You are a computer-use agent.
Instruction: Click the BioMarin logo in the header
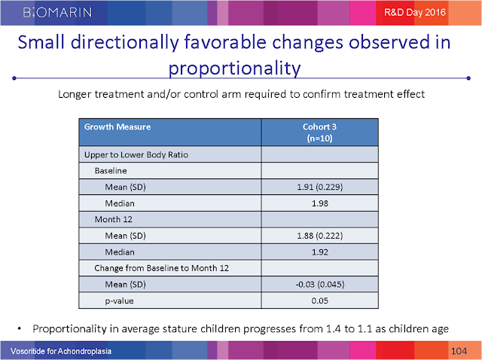[x=57, y=12]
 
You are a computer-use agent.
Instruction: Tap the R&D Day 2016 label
[x=415, y=12]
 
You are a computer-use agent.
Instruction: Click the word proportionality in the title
[x=234, y=69]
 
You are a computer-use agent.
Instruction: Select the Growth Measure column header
[x=117, y=127]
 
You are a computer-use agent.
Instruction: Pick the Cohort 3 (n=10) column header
[x=319, y=133]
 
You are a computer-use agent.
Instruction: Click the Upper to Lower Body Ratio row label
[x=136, y=154]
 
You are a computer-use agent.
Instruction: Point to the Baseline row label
[x=111, y=171]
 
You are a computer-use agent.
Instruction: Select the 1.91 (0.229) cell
[x=319, y=187]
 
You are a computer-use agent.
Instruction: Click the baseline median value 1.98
[x=319, y=203]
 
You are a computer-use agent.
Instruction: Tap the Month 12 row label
[x=114, y=219]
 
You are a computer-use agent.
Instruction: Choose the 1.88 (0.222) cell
[x=319, y=236]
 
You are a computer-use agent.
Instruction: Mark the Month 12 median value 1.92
[x=319, y=252]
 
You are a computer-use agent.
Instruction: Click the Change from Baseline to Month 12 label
[x=162, y=268]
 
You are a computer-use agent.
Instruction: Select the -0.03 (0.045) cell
[x=319, y=285]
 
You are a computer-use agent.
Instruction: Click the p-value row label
[x=119, y=301]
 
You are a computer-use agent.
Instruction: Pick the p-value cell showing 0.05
[x=319, y=301]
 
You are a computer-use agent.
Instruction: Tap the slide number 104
[x=459, y=351]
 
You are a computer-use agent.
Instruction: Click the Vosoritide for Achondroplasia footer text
[x=61, y=351]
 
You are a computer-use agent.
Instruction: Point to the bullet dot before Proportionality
[x=20, y=329]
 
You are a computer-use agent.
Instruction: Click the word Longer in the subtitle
[x=75, y=94]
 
